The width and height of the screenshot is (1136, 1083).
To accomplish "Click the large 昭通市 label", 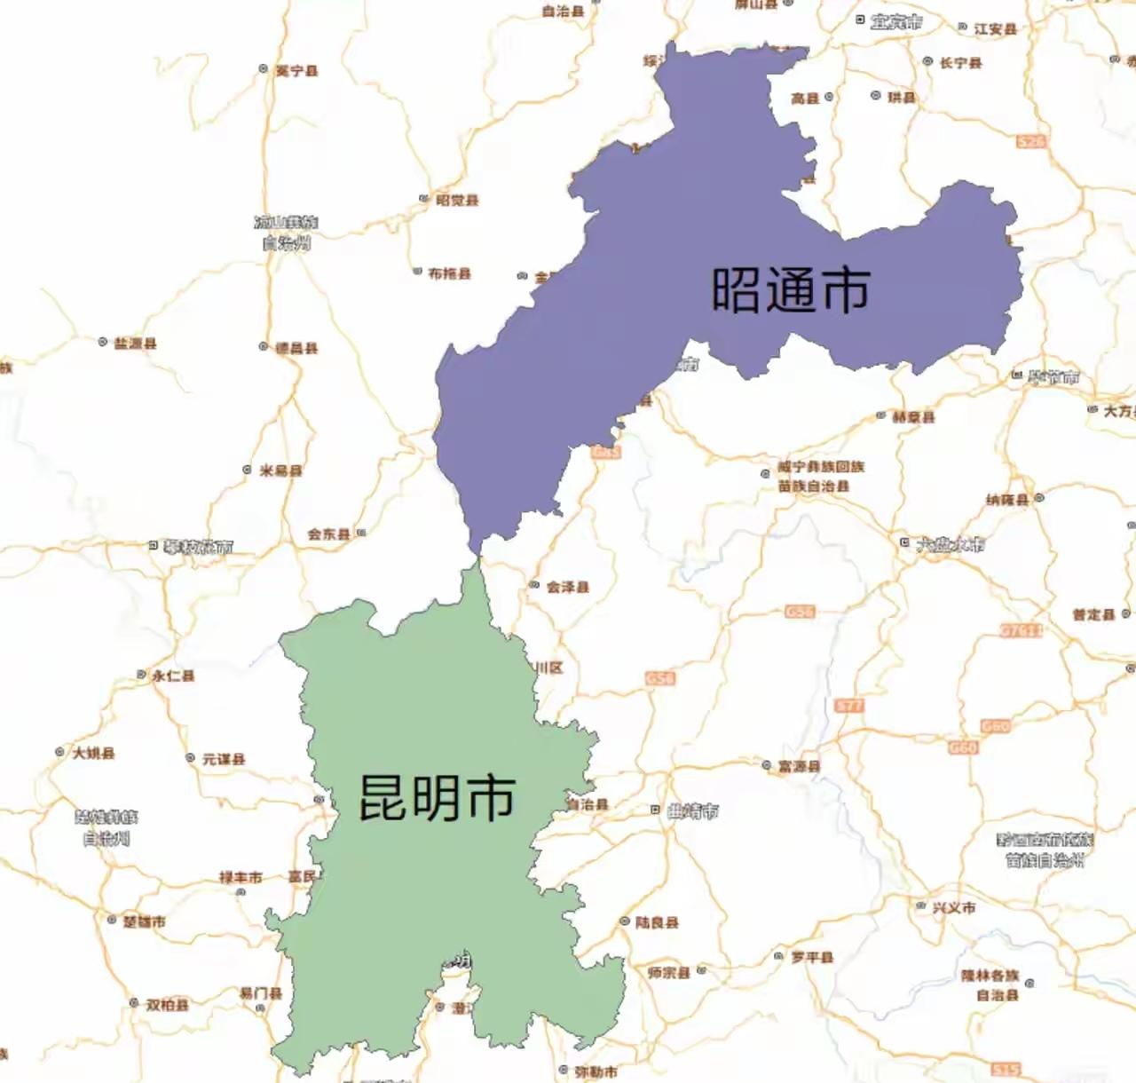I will [790, 289].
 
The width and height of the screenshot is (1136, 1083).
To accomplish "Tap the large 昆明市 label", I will [437, 796].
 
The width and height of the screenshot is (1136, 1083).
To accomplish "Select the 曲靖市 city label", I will [693, 810].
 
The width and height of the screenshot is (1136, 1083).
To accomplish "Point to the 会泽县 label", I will [567, 587].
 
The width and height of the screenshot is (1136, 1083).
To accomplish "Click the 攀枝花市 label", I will [198, 547].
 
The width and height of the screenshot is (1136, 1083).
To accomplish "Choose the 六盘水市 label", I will [951, 543].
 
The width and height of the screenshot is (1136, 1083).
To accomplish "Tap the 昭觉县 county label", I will [457, 201].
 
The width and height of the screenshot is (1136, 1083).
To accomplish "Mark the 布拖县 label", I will [449, 273].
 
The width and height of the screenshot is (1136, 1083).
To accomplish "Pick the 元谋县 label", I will [223, 759].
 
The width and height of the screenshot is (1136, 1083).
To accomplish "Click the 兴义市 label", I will [954, 907].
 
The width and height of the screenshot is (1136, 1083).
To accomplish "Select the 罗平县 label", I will [812, 957].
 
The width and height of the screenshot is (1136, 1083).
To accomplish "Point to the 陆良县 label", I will [657, 922].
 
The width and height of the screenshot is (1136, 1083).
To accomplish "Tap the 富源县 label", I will [799, 765].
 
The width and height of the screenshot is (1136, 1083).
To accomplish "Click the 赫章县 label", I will [913, 416].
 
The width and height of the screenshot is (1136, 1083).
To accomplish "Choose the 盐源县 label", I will [135, 343].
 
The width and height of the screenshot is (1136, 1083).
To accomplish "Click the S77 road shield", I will [849, 706].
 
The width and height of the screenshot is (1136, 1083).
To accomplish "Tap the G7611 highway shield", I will [1022, 630].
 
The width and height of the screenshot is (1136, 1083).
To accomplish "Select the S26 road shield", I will [1030, 141].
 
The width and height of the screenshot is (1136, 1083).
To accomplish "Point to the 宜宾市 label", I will [895, 22].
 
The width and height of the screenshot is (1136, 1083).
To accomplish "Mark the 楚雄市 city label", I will [144, 921].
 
